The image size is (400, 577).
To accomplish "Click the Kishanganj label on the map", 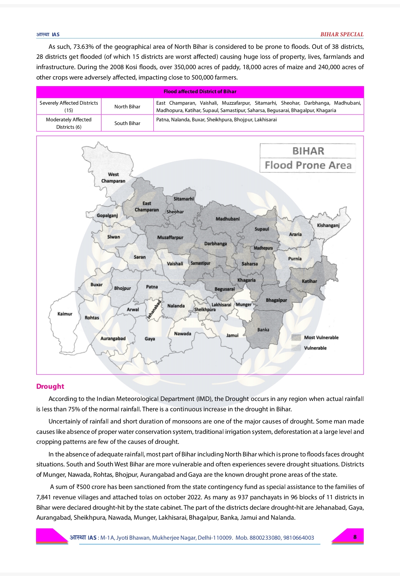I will (328, 225).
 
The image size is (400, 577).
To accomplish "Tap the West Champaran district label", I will (113, 178).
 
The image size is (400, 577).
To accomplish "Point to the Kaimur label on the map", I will (65, 314).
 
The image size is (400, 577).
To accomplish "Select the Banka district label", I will (263, 330).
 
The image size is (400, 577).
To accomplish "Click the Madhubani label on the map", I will (227, 219).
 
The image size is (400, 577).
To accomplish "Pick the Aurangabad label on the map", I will (113, 338).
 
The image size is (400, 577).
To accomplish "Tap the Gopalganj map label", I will (107, 215).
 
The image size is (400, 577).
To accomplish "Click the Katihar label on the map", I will (309, 281).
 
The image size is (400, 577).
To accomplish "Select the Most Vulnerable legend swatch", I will (296, 337).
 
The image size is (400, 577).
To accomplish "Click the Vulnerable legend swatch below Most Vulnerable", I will (296, 348).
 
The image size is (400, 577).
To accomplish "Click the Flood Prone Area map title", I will (308, 165).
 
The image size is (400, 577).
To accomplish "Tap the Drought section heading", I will (50, 386).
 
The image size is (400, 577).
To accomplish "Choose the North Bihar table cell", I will (127, 107).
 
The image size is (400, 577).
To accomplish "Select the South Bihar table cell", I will (127, 123).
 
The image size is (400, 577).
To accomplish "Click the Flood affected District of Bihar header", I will (200, 91).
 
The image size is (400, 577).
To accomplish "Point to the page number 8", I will (355, 537).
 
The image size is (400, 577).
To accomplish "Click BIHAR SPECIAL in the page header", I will (342, 34).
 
